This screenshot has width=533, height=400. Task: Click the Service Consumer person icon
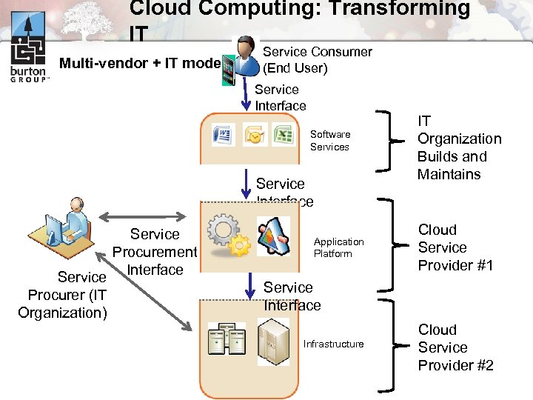pos(244,59)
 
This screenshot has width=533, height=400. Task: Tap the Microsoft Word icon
pos(223,136)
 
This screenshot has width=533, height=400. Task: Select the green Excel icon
pos(282,136)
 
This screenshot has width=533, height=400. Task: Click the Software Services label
pos(330,141)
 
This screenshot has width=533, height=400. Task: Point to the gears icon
pos(227,236)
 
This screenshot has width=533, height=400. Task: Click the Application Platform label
pos(338,247)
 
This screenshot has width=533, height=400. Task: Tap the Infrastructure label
pos(333,344)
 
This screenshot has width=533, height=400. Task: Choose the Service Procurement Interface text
pos(155,252)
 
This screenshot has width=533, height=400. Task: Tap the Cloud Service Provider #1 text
pos(455,247)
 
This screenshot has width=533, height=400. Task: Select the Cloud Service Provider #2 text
pos(455,347)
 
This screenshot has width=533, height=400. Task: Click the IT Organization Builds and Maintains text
pos(459,147)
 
